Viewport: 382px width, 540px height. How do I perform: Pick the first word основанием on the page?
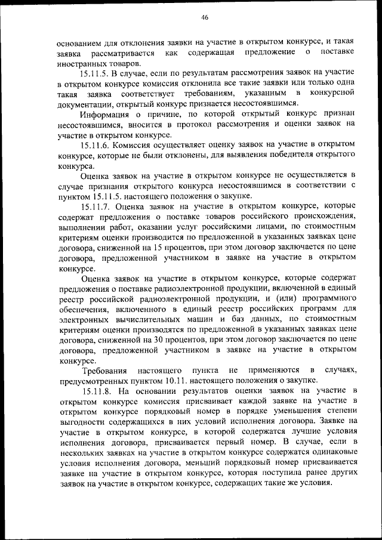pos(83,43)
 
